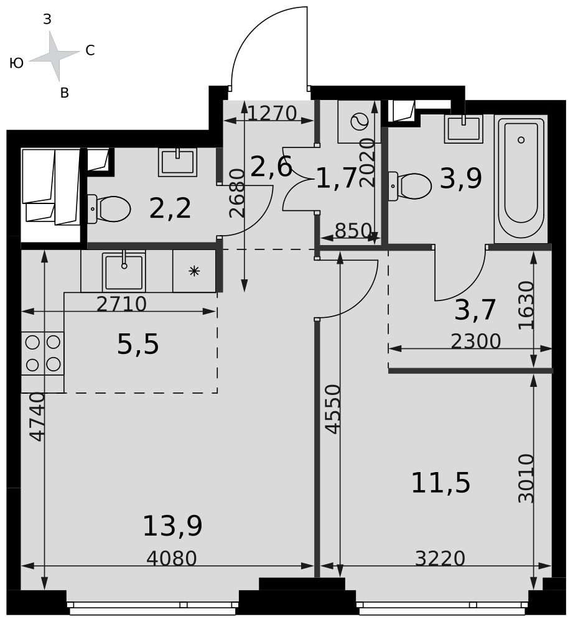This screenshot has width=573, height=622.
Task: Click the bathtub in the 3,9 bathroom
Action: click(521, 179)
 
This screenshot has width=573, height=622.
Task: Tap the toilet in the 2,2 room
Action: click(108, 208)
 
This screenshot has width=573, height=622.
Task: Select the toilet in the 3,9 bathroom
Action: click(410, 185)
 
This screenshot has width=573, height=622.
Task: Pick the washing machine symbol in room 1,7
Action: click(359, 121)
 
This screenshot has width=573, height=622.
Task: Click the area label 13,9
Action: click(172, 526)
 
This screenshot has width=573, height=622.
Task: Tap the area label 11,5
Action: click(440, 483)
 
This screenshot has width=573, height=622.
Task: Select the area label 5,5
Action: click(138, 344)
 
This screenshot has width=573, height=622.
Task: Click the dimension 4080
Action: click(172, 559)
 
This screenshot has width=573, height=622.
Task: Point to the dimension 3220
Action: click(440, 559)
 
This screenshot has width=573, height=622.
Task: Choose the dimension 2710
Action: click(121, 304)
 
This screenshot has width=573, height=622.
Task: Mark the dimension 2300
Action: click(476, 341)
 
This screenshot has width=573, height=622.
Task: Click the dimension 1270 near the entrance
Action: click(273, 113)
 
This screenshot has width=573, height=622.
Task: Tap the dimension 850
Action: click(353, 231)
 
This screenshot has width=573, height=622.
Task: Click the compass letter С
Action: click(90, 50)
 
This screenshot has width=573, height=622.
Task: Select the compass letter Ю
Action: click(16, 63)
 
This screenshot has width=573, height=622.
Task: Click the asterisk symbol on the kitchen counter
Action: click(194, 272)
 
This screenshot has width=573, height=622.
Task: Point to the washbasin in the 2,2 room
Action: click(178, 162)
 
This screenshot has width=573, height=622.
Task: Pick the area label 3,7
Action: click(475, 309)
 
